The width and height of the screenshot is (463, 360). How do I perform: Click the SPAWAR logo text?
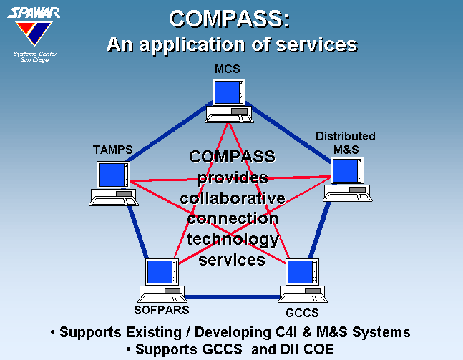click(x=34, y=13)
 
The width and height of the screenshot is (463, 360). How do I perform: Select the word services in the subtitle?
click(x=316, y=44)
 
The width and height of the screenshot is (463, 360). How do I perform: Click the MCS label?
click(x=228, y=69)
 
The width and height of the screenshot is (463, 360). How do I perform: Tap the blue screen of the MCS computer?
click(x=227, y=92)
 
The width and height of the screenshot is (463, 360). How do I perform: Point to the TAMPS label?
click(x=113, y=150)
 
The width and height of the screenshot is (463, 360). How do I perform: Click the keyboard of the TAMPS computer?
click(x=114, y=201)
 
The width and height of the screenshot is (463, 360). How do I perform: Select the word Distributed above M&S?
click(x=346, y=136)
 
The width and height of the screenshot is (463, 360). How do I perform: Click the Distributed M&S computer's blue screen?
click(x=346, y=171)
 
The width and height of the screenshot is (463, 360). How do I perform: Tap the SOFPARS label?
click(x=162, y=310)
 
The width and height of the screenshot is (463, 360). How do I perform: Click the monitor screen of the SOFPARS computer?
click(x=160, y=272)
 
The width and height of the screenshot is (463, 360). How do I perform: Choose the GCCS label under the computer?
click(x=302, y=313)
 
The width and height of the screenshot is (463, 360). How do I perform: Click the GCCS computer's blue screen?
click(x=300, y=272)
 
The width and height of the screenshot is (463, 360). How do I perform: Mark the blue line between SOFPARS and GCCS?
click(x=232, y=297)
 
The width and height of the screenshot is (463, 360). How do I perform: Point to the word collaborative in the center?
click(x=233, y=198)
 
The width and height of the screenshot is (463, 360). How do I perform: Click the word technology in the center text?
click(x=233, y=240)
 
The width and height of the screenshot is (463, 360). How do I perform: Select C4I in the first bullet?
click(x=286, y=332)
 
